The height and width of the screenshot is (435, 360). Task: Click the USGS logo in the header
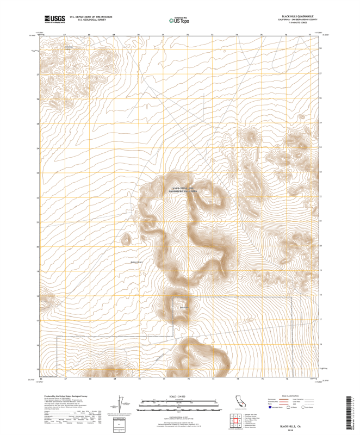pos(54,19)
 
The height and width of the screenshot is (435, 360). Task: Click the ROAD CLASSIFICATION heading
pos(294,397)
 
